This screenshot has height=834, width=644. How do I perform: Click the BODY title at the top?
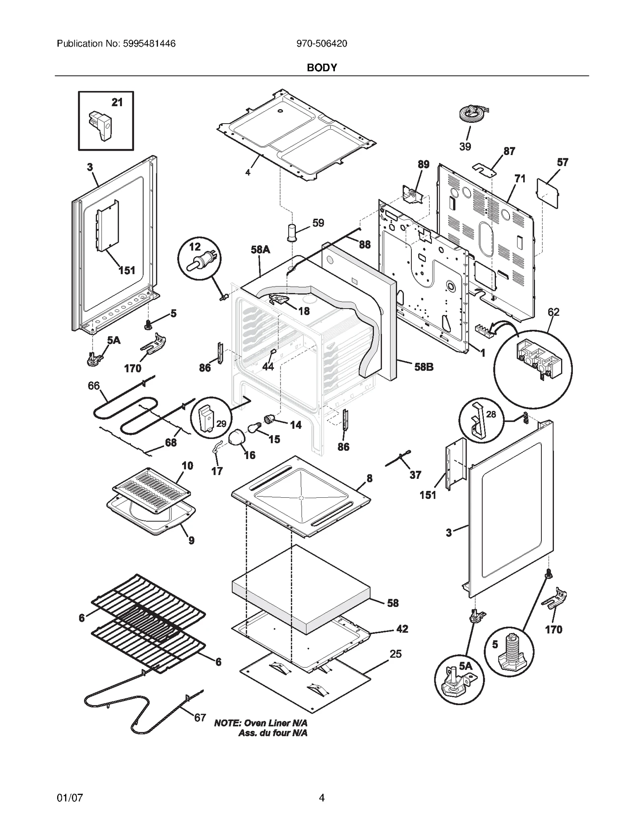(322, 68)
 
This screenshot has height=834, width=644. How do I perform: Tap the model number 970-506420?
(322, 44)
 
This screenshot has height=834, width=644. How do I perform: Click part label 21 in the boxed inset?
(117, 103)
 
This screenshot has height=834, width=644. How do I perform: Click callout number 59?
(318, 223)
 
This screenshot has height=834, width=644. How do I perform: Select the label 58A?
(260, 250)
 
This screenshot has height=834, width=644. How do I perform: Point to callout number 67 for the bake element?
(200, 718)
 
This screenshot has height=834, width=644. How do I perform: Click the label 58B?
(424, 367)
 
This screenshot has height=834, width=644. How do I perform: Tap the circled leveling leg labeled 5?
(509, 651)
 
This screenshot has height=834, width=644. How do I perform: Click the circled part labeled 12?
(200, 260)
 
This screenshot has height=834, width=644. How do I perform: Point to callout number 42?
(402, 629)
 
